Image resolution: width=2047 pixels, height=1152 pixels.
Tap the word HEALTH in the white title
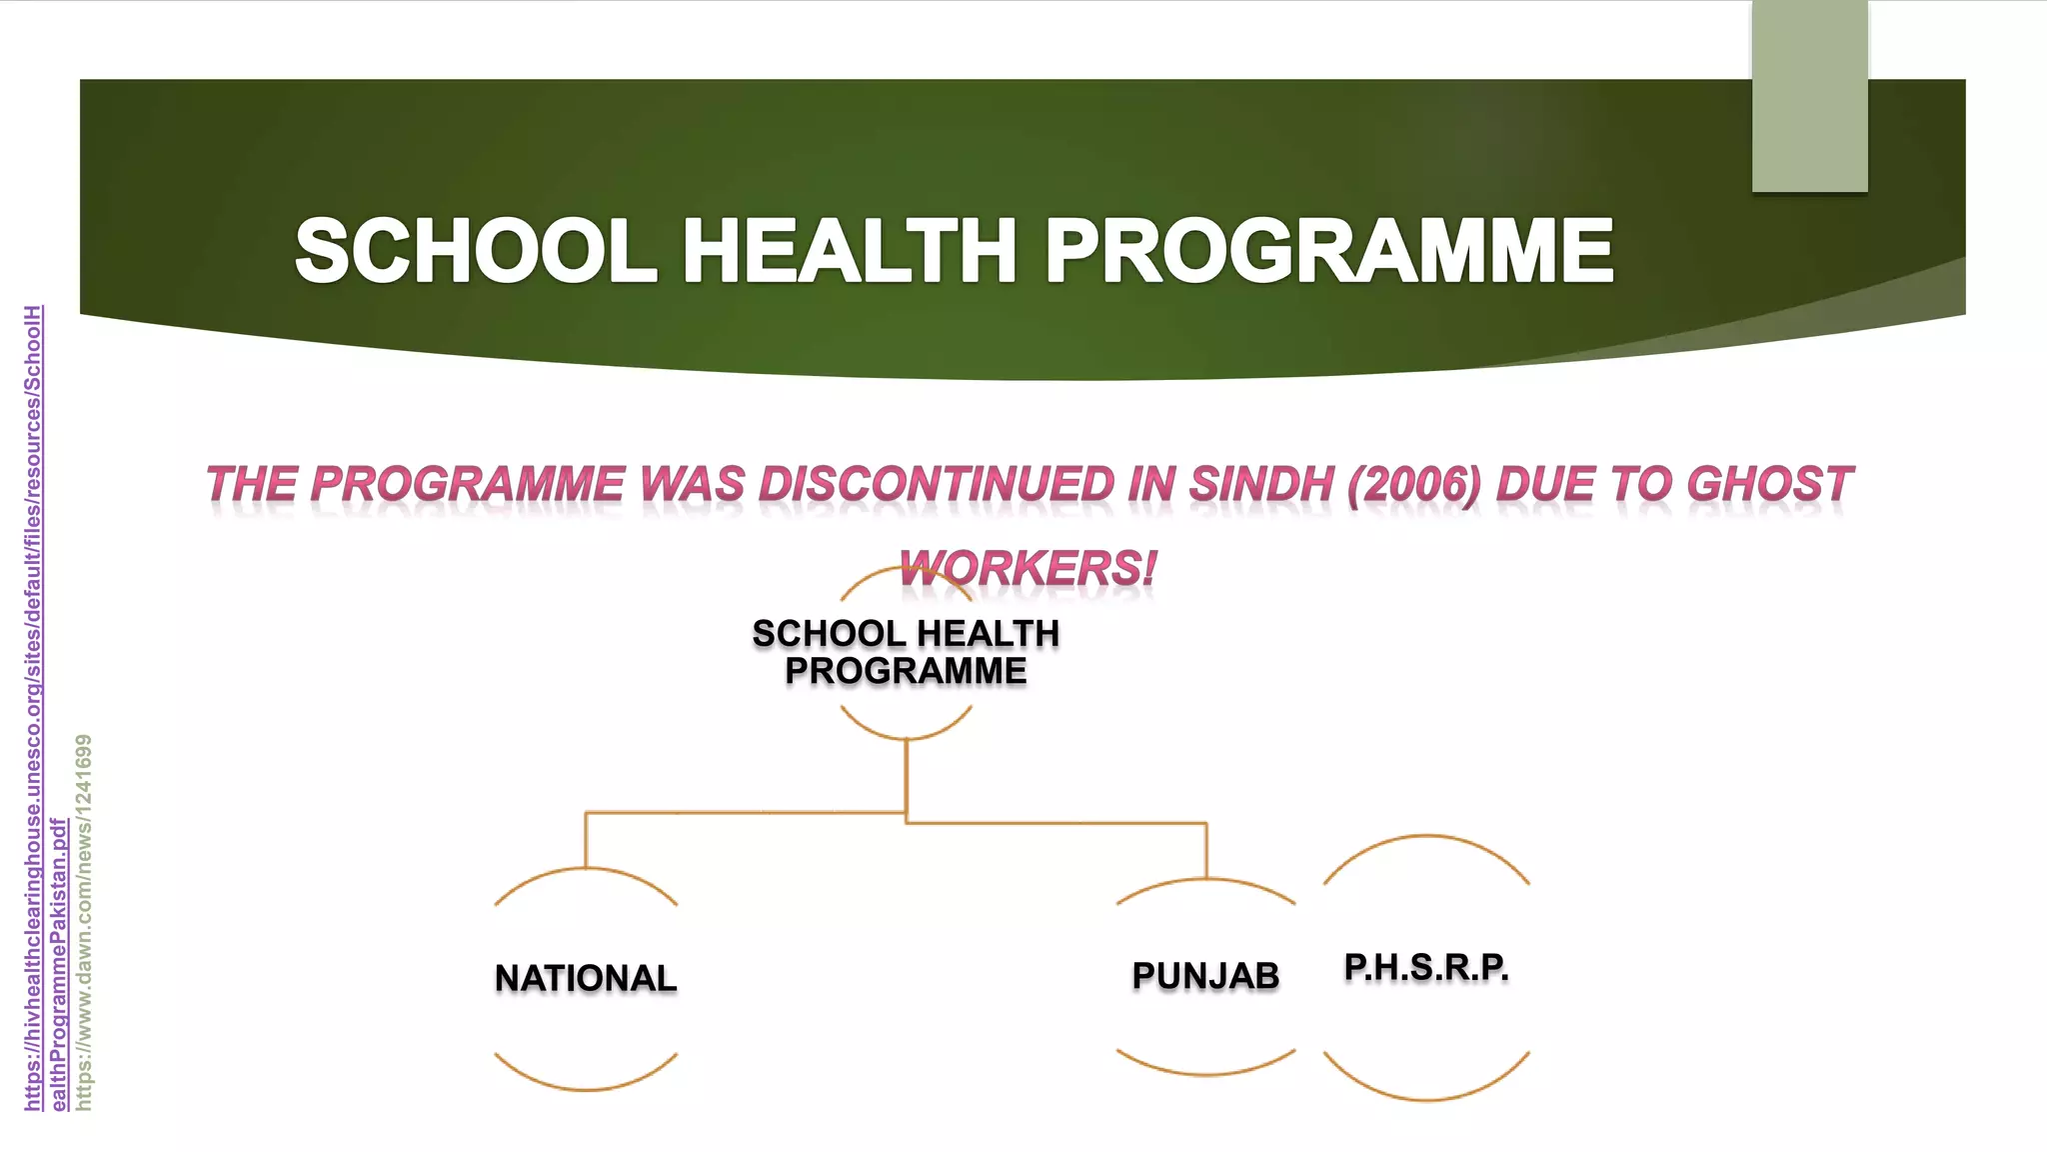pos(850,251)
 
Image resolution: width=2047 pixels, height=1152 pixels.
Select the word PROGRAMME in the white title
pos(1329,251)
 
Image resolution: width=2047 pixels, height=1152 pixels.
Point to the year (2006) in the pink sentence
pos(1414,485)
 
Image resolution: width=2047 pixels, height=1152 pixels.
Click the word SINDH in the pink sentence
pos(1261,485)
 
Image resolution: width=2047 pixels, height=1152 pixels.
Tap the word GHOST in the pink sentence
pos(1769,485)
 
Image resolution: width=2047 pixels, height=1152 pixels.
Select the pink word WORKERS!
pos(1027,569)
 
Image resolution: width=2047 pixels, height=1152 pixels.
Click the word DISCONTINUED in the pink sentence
pos(937,485)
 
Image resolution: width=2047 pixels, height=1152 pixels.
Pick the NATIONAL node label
pos(586,978)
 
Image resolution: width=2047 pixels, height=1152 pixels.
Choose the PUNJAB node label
pos(1205,975)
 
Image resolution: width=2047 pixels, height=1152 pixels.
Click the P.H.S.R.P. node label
pos(1426,967)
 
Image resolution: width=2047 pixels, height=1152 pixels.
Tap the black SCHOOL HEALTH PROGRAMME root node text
pos(906,652)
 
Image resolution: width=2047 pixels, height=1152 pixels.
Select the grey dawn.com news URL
pos(84,920)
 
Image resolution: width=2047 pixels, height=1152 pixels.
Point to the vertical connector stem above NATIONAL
pos(586,840)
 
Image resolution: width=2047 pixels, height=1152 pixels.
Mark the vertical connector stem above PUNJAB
pos(1206,850)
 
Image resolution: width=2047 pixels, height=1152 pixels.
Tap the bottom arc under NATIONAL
pos(586,1088)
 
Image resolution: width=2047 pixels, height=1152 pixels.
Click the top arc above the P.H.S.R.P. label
pos(1426,836)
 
